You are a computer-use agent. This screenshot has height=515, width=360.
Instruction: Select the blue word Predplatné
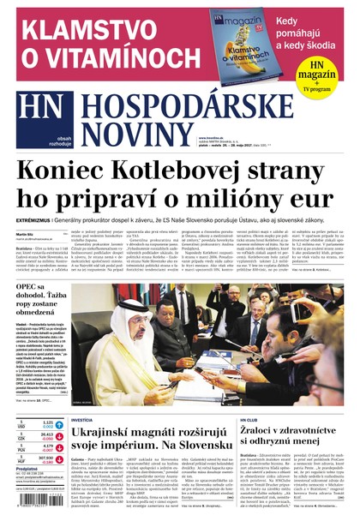(27, 470)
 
